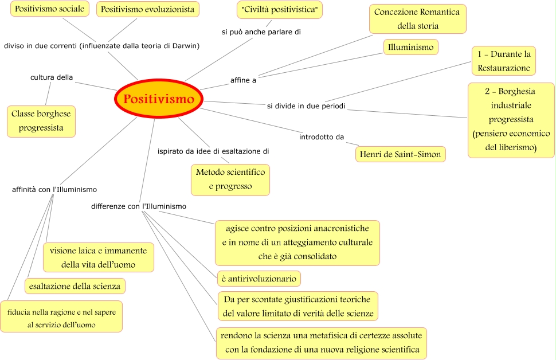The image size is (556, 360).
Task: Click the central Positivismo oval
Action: (x=159, y=99)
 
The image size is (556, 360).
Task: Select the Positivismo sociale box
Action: (x=49, y=9)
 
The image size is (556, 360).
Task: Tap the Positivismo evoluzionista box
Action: (x=148, y=9)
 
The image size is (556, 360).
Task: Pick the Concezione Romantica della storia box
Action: (x=418, y=19)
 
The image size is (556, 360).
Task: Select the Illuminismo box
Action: (x=410, y=48)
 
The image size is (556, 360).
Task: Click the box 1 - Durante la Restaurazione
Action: (x=504, y=61)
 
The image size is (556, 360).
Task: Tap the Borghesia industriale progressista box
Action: (x=511, y=120)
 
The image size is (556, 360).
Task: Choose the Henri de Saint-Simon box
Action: (x=400, y=154)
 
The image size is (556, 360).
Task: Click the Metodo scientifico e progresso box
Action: (x=230, y=179)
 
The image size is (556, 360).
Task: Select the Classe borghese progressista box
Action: (x=41, y=121)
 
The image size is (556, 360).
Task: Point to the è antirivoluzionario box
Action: (x=259, y=279)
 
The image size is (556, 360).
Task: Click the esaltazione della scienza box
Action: (x=75, y=285)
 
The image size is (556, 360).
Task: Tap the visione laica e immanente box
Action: (x=98, y=257)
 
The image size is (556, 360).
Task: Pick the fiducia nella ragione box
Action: (x=61, y=316)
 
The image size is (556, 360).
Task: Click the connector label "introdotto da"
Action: (x=322, y=137)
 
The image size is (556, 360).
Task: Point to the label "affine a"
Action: (x=243, y=80)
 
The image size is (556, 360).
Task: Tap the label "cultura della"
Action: (x=52, y=77)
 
